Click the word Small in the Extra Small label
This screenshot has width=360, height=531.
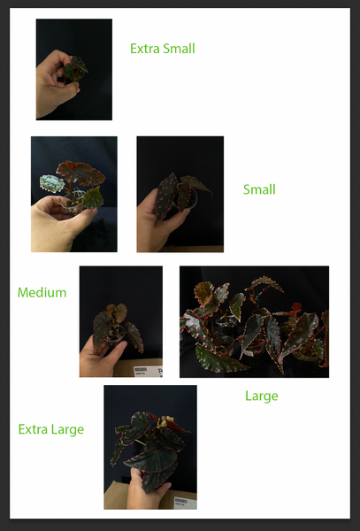(179, 49)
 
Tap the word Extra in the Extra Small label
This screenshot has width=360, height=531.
(145, 49)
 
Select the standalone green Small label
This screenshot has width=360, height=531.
(259, 189)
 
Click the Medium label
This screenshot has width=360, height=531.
(42, 292)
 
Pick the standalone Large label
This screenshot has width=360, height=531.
(262, 396)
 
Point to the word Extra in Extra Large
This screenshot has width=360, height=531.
(33, 429)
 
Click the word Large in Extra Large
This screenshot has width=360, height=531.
(67, 430)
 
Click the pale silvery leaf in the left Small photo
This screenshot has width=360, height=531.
(51, 183)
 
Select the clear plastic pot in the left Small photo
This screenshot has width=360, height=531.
(73, 204)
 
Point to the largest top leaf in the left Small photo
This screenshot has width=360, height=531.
(81, 173)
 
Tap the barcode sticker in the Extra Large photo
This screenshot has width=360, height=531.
(186, 503)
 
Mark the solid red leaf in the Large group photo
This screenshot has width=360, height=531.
(296, 306)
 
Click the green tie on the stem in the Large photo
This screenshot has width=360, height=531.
(257, 298)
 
